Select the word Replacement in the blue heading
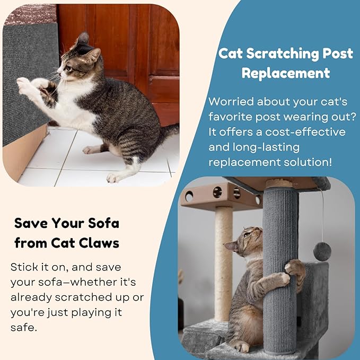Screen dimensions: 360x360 point(286,73)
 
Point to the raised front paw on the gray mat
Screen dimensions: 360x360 point(24,83)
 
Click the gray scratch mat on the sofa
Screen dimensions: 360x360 point(29,80)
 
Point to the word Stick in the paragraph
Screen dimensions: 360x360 point(24,267)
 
